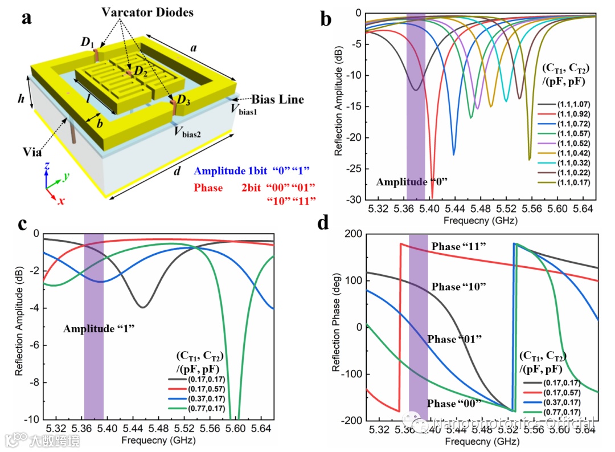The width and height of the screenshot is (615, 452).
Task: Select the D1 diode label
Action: click(87, 42)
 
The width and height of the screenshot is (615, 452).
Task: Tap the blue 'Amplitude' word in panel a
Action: click(222, 170)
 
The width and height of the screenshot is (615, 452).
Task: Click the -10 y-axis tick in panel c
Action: click(32, 420)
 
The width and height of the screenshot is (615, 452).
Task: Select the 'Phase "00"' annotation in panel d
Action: click(454, 404)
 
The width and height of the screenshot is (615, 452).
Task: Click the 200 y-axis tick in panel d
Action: click(352, 234)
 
